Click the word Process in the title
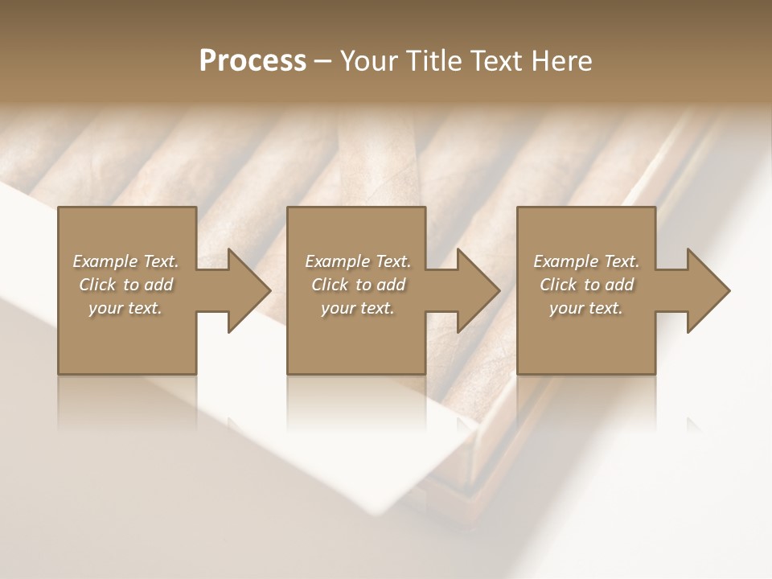pos(253,61)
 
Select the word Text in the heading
pos(495,61)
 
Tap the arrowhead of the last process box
pos(707,290)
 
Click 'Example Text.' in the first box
pos(125,261)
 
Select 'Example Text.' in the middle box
pos(358,261)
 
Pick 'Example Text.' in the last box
pos(586,261)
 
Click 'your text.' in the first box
pos(125,308)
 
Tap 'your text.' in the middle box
pos(358,308)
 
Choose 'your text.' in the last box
pos(586,308)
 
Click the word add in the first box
pos(159,285)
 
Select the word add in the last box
pos(620,285)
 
